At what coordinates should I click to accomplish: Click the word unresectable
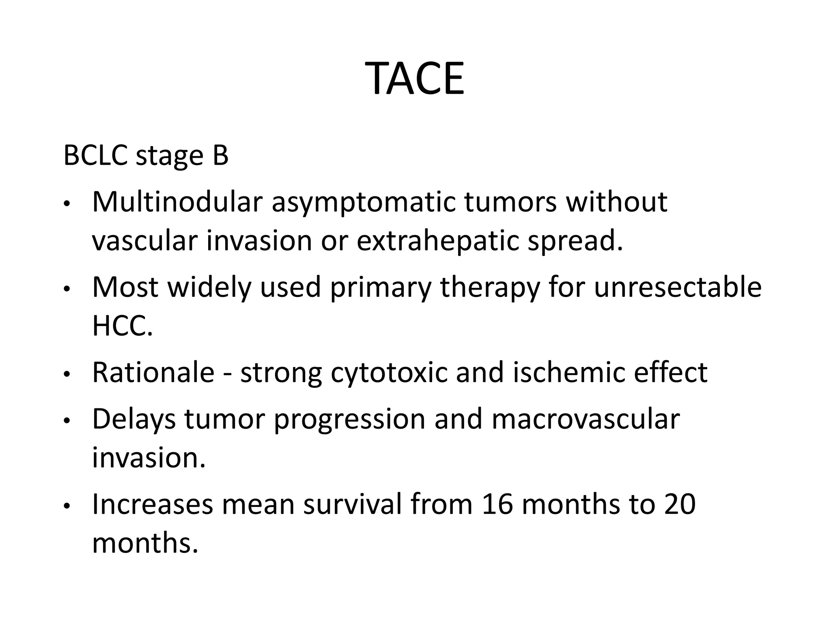(x=678, y=287)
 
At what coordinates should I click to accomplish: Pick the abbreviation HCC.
(x=123, y=326)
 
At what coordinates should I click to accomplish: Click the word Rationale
(x=153, y=372)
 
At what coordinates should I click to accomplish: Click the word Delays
(x=134, y=419)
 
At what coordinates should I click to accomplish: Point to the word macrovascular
(x=586, y=419)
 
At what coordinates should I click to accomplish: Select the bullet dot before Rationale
(x=67, y=374)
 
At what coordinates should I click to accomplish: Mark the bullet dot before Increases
(x=67, y=506)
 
